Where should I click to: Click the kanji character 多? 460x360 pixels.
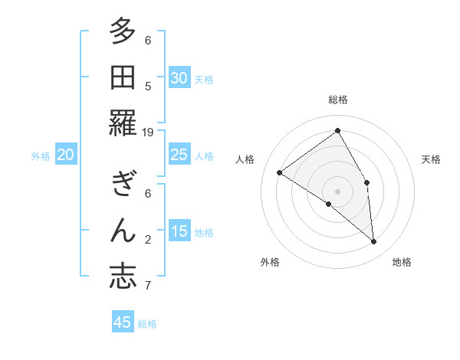[x=123, y=31]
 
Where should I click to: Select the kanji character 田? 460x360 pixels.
[x=123, y=78]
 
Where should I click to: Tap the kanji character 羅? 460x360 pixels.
[x=123, y=124]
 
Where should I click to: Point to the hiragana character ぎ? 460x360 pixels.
[x=123, y=185]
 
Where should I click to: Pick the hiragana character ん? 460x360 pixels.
[x=123, y=231]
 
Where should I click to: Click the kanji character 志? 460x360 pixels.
[x=123, y=277]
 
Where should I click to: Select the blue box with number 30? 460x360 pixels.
[x=179, y=78]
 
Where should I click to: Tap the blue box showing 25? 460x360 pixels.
[x=179, y=155]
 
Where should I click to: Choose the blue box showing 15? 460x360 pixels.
[x=179, y=231]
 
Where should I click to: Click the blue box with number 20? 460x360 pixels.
[x=65, y=155]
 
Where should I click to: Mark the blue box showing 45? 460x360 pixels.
[x=123, y=322]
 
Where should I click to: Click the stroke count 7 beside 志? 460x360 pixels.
[x=148, y=286]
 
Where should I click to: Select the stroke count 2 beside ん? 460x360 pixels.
[x=148, y=240]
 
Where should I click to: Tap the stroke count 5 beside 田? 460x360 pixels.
[x=148, y=87]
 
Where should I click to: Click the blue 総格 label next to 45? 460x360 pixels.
[x=147, y=324]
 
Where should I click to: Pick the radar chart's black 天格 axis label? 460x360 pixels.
[x=431, y=159]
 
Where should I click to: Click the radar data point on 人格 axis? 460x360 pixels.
[x=279, y=172]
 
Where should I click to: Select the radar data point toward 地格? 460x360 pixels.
[x=374, y=242]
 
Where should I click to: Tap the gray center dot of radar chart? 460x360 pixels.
[x=337, y=191]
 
